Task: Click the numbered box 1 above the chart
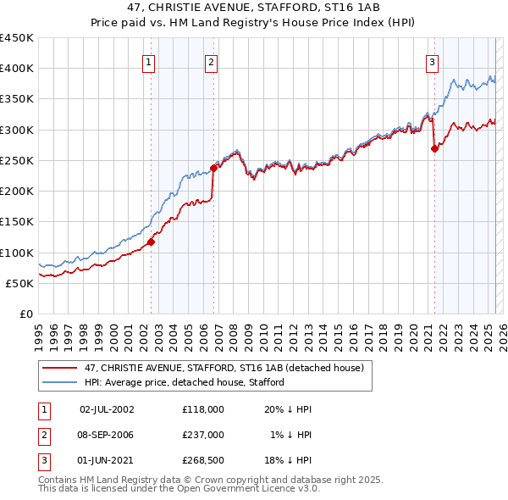[x=148, y=61]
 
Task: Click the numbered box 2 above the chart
[x=210, y=61]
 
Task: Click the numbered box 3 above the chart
[x=432, y=61]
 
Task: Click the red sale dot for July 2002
[x=152, y=242]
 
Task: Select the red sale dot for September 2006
[x=213, y=168]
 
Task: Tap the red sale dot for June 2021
[x=434, y=148]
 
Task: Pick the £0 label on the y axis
[x=25, y=314]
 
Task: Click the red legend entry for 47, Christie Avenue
[x=224, y=368]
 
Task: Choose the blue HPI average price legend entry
[x=184, y=382]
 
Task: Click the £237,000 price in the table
[x=203, y=435]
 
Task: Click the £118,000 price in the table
[x=203, y=409]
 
